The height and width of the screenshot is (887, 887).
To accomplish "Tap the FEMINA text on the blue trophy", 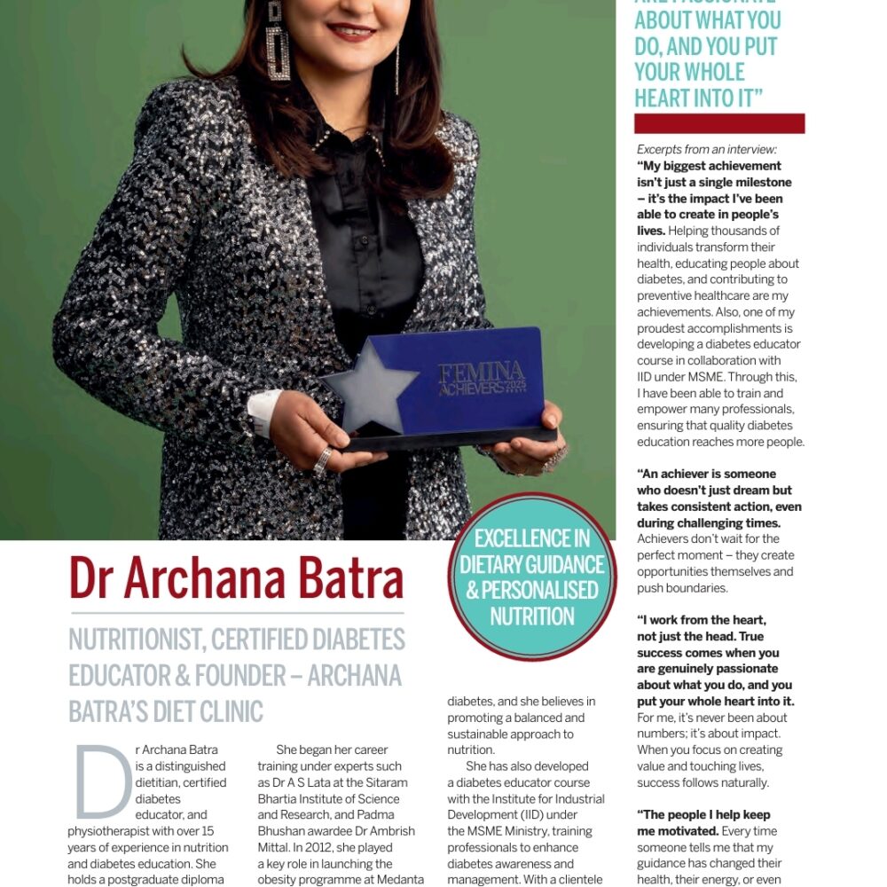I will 480,372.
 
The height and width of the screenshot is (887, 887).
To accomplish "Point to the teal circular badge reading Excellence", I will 532,577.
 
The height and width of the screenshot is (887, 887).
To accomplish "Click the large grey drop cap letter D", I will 103,781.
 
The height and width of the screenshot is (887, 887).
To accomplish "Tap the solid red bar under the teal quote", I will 719,123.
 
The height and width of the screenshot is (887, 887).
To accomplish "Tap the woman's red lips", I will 351,32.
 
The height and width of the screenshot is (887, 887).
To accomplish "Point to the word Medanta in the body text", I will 401,880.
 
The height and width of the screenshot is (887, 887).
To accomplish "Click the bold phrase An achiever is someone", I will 706,474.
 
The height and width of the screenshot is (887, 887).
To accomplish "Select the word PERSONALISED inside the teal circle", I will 532,591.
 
